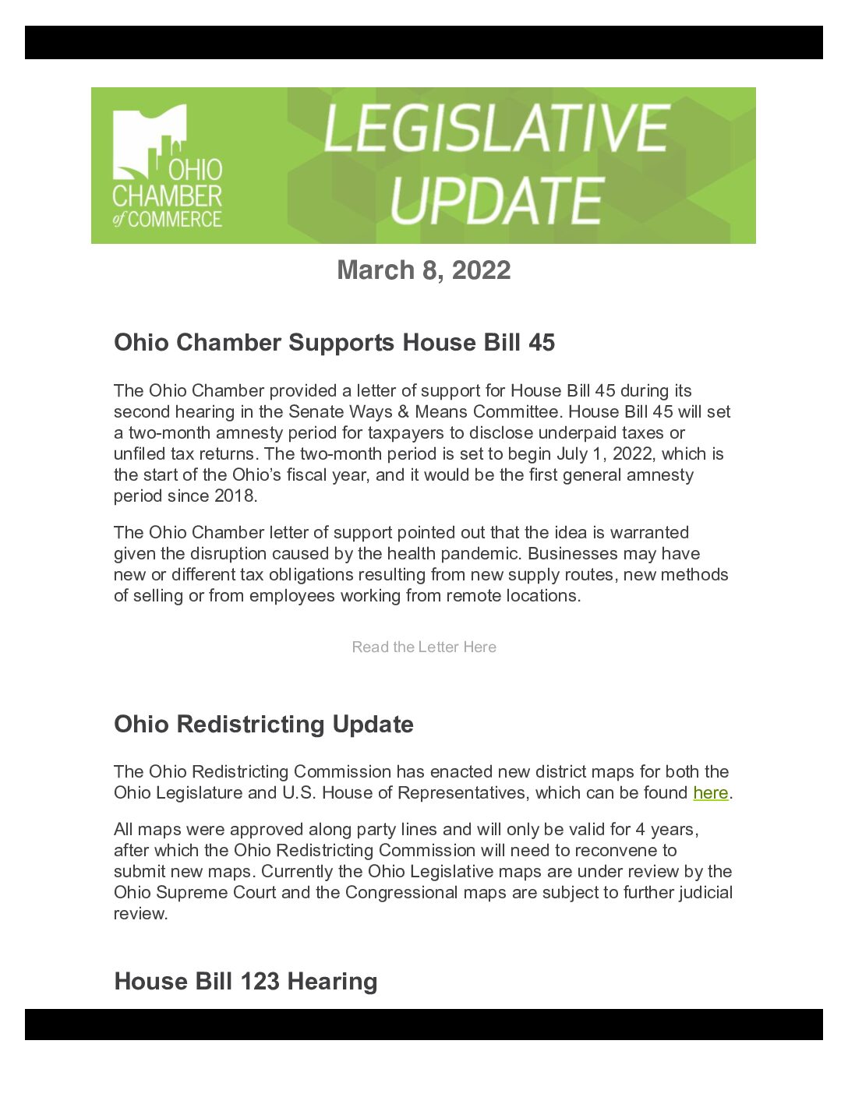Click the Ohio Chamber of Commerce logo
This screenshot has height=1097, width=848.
[168, 166]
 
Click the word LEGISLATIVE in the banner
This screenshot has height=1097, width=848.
[496, 129]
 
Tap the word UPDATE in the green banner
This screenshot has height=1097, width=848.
[496, 200]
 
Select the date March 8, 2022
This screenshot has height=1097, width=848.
[423, 270]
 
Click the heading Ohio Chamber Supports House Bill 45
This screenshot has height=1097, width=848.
[334, 343]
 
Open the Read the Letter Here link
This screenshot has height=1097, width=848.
[423, 647]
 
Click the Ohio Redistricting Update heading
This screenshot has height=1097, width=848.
[263, 725]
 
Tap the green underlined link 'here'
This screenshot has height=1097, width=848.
[710, 793]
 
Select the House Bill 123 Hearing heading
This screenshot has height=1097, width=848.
[246, 982]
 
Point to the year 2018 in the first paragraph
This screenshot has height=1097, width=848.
[235, 496]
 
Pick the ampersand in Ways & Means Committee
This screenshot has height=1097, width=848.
[403, 411]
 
